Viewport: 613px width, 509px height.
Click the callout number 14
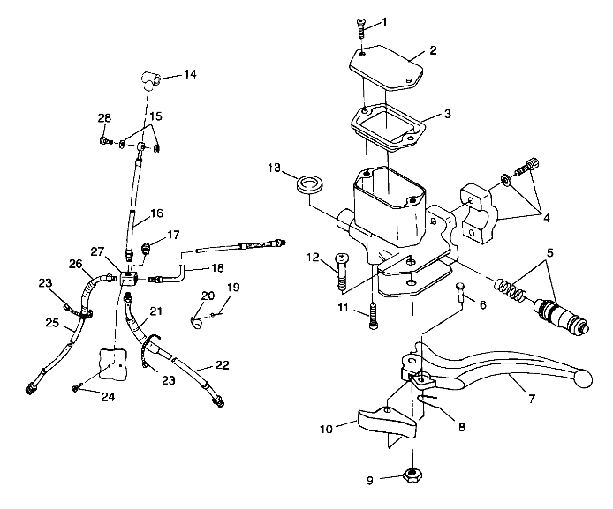(191, 75)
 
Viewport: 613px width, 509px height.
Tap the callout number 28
(104, 117)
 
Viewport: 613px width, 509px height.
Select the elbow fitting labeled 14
(152, 79)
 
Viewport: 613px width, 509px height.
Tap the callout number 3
(447, 115)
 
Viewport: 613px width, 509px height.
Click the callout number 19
(234, 288)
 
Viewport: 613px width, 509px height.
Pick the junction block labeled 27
(129, 281)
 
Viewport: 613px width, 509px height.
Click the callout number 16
(156, 213)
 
